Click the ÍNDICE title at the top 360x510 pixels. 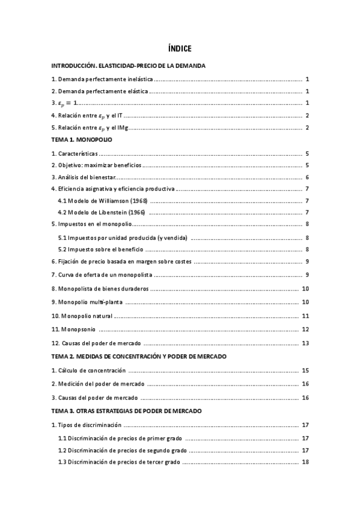coord(180,49)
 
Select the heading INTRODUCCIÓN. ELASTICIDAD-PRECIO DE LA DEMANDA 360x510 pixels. coord(129,66)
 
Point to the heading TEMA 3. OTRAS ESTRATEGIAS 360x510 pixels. coord(126,411)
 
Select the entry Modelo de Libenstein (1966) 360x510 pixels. coord(102,212)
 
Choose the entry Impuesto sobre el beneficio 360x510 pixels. coord(100,249)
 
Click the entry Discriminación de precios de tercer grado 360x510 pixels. coord(118,462)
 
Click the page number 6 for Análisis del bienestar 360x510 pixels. coord(307,177)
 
